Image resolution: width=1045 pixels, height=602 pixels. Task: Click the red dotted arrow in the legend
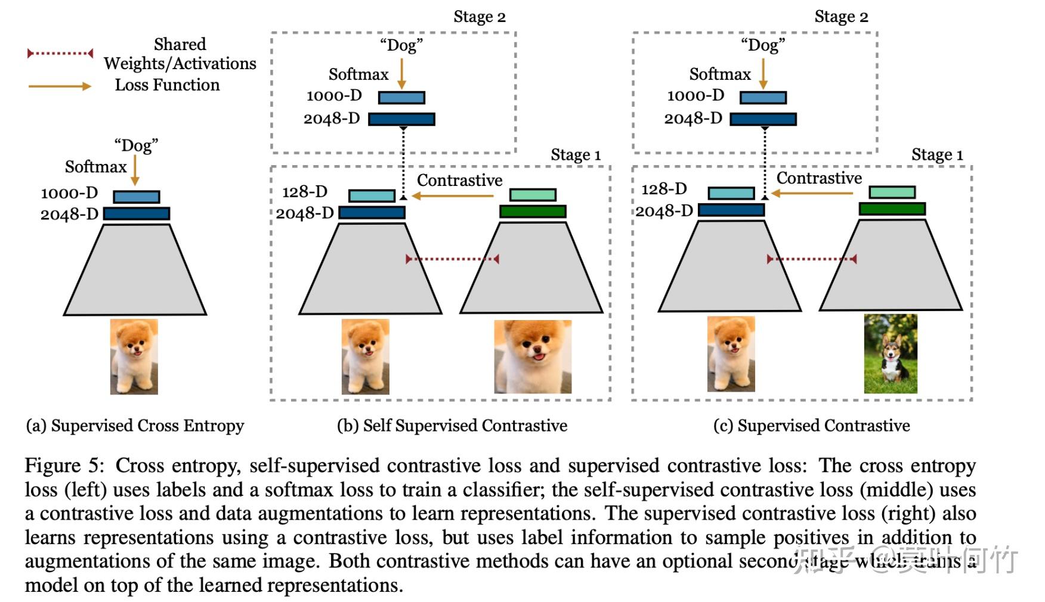tap(60, 54)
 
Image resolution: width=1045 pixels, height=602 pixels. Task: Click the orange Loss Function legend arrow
tap(60, 86)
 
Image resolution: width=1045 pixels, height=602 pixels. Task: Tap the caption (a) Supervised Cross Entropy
tap(135, 426)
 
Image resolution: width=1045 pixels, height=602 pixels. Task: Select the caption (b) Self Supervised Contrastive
tap(452, 426)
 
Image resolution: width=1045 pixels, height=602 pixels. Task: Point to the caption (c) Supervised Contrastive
tap(811, 426)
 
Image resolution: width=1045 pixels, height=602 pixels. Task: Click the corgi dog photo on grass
tap(891, 353)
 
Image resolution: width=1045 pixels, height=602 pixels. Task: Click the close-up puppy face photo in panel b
tap(533, 356)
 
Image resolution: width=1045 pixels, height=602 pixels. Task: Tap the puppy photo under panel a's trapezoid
tap(134, 356)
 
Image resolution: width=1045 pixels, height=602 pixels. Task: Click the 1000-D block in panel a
tap(137, 197)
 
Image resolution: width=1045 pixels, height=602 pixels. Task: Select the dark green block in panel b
tap(533, 211)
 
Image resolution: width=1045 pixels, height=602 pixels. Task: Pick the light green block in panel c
tap(892, 192)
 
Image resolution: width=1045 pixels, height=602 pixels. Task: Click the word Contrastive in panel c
tap(819, 178)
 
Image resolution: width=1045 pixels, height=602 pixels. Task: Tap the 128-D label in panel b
tap(305, 192)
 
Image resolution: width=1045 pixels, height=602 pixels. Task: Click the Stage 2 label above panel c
tap(841, 17)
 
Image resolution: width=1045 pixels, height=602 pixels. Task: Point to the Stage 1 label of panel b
tap(576, 155)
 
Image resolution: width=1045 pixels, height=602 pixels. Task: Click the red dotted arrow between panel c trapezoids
tap(812, 259)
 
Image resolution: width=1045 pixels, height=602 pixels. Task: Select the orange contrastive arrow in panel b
tap(453, 196)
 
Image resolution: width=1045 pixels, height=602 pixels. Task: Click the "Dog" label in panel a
tap(136, 145)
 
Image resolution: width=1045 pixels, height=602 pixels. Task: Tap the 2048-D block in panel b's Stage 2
tap(401, 119)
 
